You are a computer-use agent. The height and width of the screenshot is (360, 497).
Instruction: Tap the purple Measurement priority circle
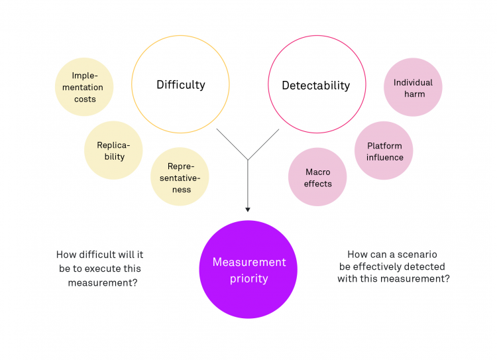click(248, 270)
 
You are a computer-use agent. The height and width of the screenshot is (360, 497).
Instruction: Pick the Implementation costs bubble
click(84, 87)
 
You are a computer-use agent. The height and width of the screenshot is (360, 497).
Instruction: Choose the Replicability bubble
click(113, 150)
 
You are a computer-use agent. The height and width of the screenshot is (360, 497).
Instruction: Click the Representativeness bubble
click(180, 177)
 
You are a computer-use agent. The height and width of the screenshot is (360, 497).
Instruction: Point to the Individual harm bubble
click(413, 88)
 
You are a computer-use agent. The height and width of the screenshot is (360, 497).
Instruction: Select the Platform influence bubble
click(384, 151)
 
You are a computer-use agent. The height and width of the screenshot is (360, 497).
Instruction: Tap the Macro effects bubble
click(317, 177)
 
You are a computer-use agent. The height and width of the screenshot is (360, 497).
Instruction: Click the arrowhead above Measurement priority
click(248, 210)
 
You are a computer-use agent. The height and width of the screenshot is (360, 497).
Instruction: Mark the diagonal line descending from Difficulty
click(232, 144)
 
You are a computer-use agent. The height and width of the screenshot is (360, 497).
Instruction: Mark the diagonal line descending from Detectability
click(264, 144)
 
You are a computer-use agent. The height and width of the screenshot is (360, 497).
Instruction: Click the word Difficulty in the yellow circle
click(180, 85)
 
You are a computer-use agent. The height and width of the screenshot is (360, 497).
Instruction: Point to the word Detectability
click(315, 86)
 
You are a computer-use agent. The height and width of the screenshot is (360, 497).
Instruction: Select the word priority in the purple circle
click(248, 278)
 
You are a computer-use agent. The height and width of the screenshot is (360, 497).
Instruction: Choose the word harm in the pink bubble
click(413, 94)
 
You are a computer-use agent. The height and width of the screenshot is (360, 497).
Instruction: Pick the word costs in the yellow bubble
click(85, 99)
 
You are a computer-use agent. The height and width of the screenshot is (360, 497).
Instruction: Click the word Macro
click(317, 172)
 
